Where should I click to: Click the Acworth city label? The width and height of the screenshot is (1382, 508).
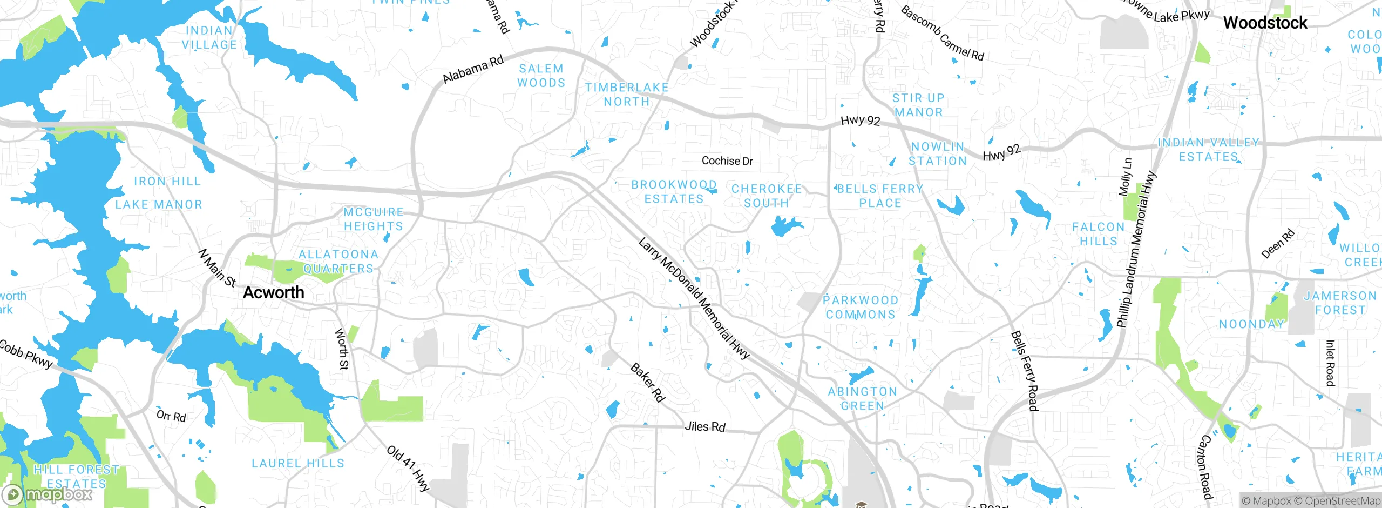point(274,292)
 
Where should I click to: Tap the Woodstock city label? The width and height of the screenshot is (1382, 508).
point(1265,23)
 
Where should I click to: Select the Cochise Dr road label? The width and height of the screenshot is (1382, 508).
point(727,161)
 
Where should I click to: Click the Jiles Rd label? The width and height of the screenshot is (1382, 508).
point(704,426)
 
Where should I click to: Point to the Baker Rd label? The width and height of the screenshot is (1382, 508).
point(647,383)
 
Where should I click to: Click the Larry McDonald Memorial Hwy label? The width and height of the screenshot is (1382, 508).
point(694,298)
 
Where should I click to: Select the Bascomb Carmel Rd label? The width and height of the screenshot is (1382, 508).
point(942,34)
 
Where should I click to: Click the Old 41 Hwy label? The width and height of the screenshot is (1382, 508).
point(408,468)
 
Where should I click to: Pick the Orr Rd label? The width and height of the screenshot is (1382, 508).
point(171,416)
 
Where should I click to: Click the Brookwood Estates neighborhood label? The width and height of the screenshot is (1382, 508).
point(674,192)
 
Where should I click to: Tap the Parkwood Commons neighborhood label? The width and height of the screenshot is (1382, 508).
point(861,307)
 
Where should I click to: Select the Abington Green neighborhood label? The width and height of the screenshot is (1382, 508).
point(862,398)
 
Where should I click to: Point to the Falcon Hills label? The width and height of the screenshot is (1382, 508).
point(1098,234)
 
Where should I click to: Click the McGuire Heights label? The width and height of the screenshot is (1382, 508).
point(374,219)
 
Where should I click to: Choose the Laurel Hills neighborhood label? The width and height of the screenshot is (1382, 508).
point(298,463)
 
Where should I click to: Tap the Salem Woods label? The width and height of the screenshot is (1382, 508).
point(541,76)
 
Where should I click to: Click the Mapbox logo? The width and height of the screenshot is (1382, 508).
point(48,494)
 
